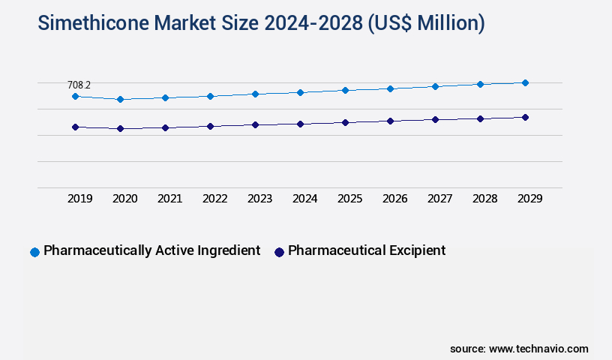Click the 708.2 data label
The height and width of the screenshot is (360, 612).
tap(79, 85)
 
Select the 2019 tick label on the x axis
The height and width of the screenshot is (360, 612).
tap(80, 199)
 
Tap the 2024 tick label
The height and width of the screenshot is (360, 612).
tap(305, 199)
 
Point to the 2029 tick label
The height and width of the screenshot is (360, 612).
tap(530, 199)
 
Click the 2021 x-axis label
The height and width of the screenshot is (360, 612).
tap(170, 199)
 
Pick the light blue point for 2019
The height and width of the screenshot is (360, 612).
tap(75, 97)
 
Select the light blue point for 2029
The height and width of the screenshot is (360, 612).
tap(525, 82)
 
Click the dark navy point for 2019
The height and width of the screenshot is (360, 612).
tap(75, 127)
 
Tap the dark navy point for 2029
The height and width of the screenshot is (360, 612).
tap(525, 117)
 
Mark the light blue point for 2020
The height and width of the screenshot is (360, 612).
tap(120, 99)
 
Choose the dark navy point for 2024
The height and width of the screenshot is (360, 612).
tap(300, 124)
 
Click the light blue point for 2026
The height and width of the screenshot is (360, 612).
tap(390, 88)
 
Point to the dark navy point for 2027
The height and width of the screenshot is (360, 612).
tap(435, 119)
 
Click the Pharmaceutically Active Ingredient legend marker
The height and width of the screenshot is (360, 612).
tap(34, 252)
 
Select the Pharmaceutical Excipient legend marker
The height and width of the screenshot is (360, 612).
tap(279, 252)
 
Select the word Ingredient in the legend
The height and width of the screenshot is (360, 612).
tap(226, 250)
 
